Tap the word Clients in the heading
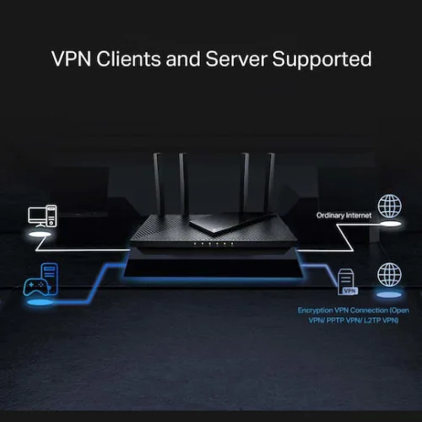click(130, 59)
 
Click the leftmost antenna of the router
click(158, 181)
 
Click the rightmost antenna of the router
click(270, 181)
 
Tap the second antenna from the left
click(181, 181)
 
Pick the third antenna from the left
click(246, 181)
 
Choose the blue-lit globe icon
click(389, 275)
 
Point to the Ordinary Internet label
click(344, 215)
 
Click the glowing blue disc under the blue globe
click(389, 295)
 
